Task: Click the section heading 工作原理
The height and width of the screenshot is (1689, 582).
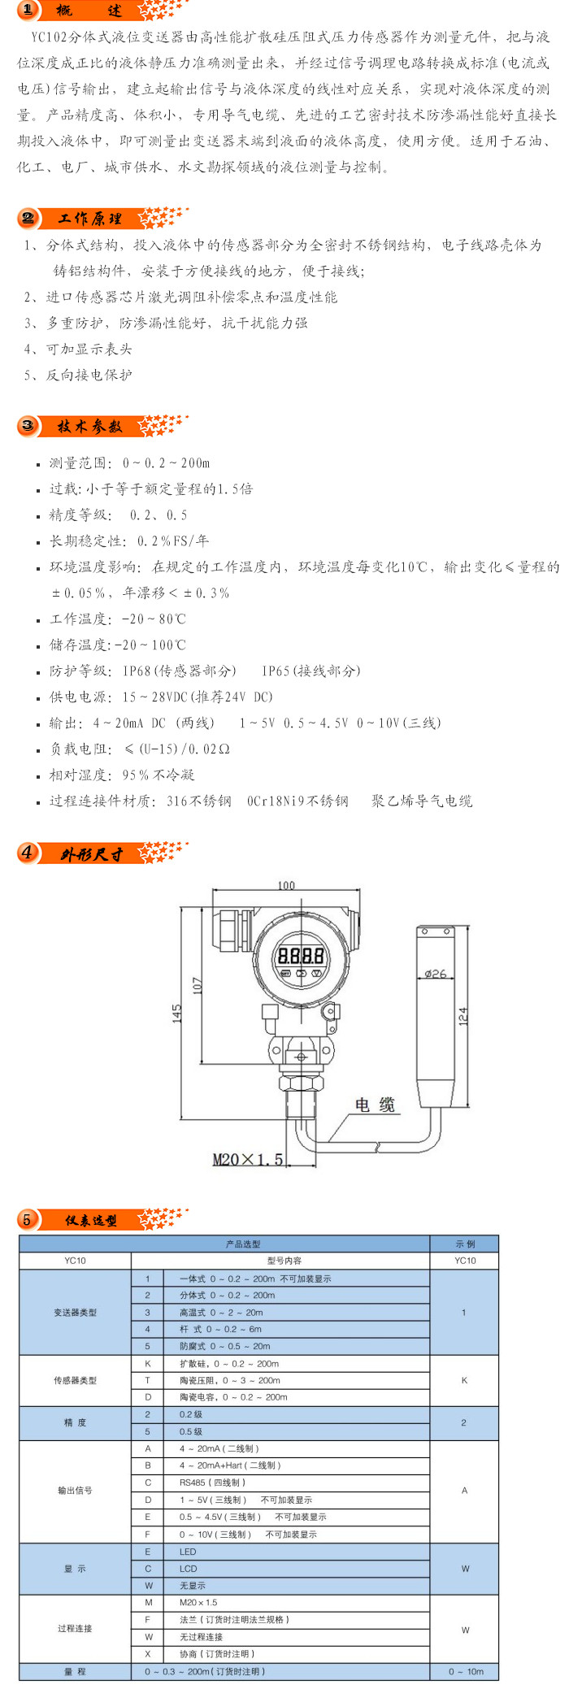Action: (x=90, y=219)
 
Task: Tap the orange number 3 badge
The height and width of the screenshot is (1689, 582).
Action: (x=28, y=426)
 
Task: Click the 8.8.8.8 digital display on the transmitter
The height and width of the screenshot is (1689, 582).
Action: (x=301, y=955)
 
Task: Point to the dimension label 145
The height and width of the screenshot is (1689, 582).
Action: (x=177, y=1014)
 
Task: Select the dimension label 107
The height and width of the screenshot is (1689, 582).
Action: (x=197, y=985)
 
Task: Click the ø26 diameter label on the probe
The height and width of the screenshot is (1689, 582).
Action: (x=436, y=973)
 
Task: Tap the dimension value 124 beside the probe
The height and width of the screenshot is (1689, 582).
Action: (x=463, y=1016)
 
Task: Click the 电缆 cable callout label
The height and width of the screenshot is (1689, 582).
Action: (x=375, y=1105)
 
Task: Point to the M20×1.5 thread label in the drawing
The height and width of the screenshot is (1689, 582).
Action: (x=248, y=1159)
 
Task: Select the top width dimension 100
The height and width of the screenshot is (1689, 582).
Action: (x=286, y=885)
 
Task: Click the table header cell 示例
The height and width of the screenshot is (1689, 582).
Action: (x=465, y=1244)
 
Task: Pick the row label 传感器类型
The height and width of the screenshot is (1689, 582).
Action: (x=75, y=1380)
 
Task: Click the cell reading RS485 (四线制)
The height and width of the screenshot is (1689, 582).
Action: (x=212, y=1483)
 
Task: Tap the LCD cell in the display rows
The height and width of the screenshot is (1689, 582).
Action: (x=188, y=1569)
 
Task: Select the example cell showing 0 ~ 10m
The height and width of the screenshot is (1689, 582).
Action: (x=466, y=1671)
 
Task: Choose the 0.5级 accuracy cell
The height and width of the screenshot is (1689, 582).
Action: (x=191, y=1431)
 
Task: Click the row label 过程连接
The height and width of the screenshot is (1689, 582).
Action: (x=75, y=1628)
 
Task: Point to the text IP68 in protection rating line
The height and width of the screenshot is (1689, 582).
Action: (x=137, y=671)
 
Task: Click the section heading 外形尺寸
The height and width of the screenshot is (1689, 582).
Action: (x=91, y=853)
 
